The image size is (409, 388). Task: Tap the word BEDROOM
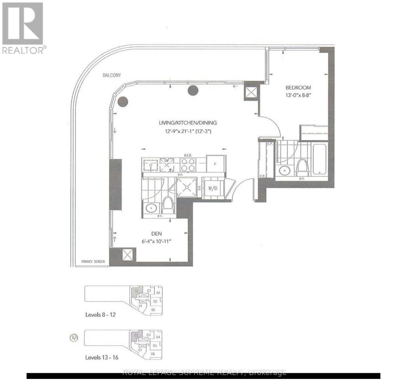point(298,87)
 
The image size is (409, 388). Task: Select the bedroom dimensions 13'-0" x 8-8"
point(298,96)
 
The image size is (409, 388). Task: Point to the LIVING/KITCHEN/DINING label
point(188,123)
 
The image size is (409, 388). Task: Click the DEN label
point(156,234)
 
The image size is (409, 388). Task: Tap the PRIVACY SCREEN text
point(93,262)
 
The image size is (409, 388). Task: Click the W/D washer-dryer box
point(212,188)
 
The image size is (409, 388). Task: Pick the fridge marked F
point(215,164)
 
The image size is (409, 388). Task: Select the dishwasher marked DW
point(167,164)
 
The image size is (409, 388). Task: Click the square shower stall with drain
point(186,188)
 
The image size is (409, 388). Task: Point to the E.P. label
point(270,144)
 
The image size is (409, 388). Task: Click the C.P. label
point(262,176)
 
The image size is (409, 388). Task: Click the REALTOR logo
point(23,27)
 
